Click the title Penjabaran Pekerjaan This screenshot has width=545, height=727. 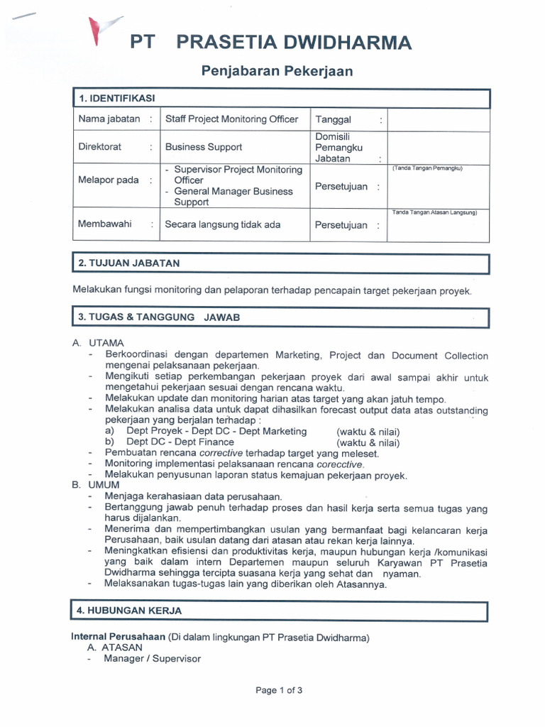coord(277,71)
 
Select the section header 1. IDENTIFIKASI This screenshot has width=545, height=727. coord(116,98)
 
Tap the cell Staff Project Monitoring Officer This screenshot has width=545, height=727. coord(232,119)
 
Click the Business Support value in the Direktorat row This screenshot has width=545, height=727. coord(204,147)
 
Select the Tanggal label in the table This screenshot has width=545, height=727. coord(333,120)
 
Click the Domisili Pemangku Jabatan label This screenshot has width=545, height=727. coord(338,148)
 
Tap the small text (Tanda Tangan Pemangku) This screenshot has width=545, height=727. coord(427,169)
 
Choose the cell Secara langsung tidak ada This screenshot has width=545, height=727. coord(223,225)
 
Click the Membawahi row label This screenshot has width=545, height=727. coord(104,224)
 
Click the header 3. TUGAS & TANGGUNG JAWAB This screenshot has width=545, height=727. coord(159,317)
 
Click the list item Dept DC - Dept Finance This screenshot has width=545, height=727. coord(180,442)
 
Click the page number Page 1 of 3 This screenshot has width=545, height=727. coord(280,690)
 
